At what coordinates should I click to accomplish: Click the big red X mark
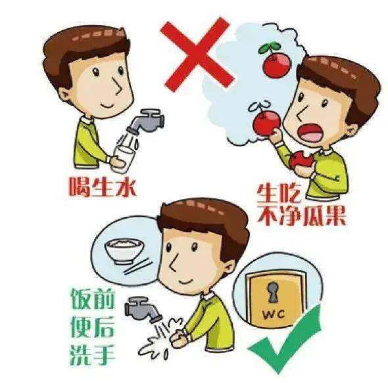[197, 55]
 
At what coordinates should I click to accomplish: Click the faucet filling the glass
[146, 122]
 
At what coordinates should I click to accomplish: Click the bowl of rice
[121, 250]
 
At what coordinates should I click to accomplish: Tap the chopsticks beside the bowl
[137, 267]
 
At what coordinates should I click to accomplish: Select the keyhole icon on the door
[273, 292]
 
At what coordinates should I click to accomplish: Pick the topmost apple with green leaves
[275, 60]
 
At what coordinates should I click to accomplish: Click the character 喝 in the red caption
[79, 187]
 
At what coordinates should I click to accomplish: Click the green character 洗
[80, 354]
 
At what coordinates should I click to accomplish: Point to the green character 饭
[80, 300]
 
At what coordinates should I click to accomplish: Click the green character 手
[104, 354]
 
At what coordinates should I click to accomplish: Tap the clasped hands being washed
[180, 338]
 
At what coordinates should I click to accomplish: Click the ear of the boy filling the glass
[65, 95]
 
